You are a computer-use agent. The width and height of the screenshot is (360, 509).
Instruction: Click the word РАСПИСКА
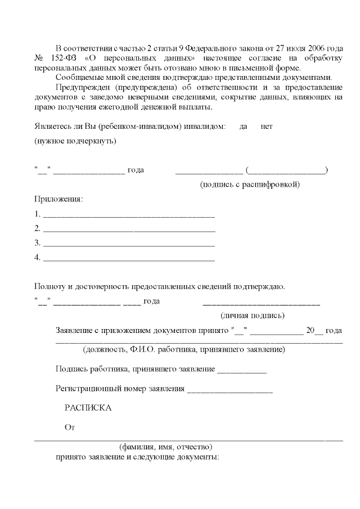88,408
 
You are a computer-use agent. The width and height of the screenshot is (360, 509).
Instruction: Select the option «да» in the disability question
244,127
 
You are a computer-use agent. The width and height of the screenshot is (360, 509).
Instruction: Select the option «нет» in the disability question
267,127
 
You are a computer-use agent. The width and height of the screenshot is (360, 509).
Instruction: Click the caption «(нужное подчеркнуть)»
75,141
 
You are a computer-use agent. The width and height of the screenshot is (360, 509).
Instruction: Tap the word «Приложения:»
58,199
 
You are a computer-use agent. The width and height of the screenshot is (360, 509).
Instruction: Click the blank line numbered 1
129,215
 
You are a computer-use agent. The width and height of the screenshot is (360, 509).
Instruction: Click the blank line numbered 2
129,229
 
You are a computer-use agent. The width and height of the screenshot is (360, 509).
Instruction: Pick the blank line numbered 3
129,244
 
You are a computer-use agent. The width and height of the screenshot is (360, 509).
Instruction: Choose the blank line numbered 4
129,259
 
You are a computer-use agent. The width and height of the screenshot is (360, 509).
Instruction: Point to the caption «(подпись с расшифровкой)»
250,184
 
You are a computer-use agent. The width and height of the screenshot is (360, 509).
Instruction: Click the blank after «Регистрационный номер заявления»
230,389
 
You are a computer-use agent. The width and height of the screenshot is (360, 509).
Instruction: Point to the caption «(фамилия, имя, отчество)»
165,447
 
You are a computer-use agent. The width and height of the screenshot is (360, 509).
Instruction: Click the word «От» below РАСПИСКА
70,427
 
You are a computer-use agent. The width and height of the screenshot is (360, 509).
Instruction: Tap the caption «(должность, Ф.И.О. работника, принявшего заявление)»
183,350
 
